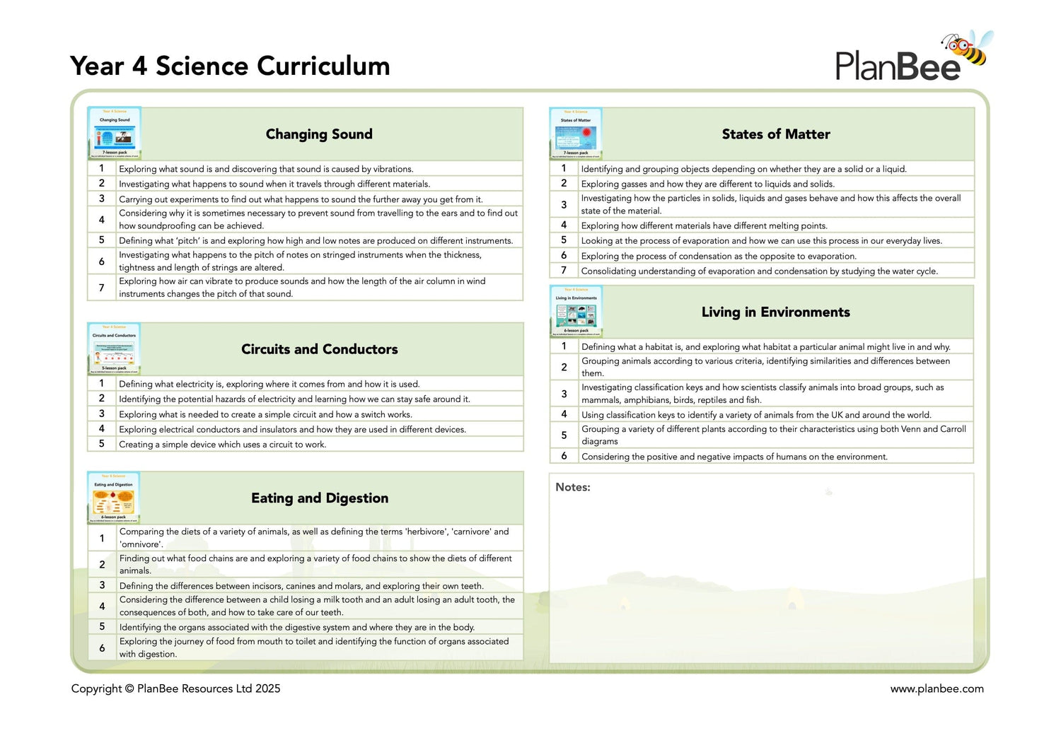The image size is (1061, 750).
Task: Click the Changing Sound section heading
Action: [319, 134]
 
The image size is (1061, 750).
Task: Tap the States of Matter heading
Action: [776, 134]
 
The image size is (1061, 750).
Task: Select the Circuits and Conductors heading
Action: [320, 349]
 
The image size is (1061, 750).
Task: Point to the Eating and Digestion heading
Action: [320, 498]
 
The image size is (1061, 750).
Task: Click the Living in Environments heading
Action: [776, 312]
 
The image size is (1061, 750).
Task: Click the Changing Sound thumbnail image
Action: [115, 133]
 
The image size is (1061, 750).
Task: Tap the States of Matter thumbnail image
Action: [576, 133]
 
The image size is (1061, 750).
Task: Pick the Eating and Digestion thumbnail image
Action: [114, 498]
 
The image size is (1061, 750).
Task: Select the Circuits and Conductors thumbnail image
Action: [114, 348]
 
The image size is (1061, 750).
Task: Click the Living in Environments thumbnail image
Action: [576, 312]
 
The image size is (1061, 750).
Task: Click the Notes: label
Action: [573, 487]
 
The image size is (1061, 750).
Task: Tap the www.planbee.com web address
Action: [937, 689]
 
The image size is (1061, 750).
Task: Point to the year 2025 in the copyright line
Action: [268, 689]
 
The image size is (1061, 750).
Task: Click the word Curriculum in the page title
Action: [323, 66]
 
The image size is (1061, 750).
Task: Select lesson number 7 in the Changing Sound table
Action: [102, 288]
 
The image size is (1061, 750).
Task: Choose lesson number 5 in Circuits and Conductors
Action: [102, 444]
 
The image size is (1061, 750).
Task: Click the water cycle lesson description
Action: [759, 271]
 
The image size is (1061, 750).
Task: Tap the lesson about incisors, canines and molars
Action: [301, 586]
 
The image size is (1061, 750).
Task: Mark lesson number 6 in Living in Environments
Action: [564, 456]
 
